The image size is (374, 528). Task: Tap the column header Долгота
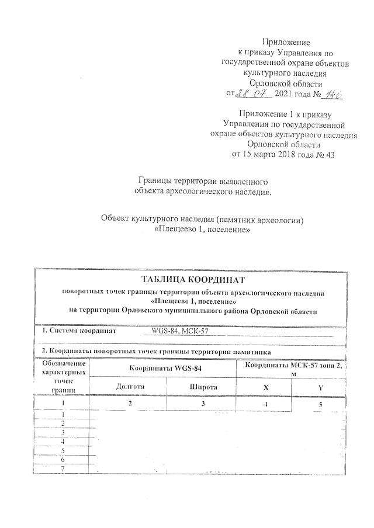coord(130,387)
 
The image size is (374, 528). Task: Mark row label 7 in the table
coord(62,468)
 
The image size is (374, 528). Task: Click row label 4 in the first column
coord(62,442)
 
